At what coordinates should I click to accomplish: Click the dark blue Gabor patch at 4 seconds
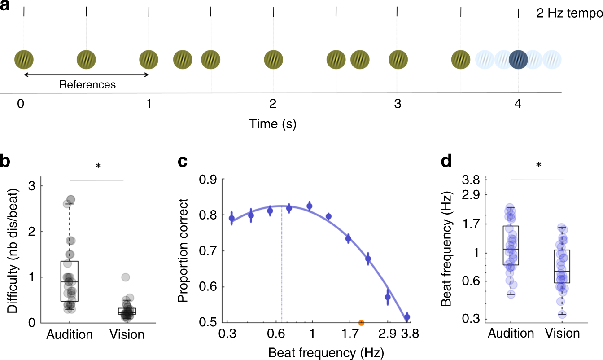pos(518,59)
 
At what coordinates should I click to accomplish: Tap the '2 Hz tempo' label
pos(568,13)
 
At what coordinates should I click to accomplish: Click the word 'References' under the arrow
pos(87,84)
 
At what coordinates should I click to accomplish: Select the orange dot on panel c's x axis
pos(361,322)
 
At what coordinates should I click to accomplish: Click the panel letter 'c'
pos(183,160)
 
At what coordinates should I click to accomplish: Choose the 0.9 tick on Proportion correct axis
pos(208,180)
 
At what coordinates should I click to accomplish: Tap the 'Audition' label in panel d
pos(511,334)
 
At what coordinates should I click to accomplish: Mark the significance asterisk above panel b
pos(98,166)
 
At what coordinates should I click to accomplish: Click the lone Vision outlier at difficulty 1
pos(126,277)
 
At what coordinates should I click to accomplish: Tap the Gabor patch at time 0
pos(24,59)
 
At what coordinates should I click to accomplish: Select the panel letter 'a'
pos(6,7)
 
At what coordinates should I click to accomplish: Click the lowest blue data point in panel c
pos(407,317)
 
